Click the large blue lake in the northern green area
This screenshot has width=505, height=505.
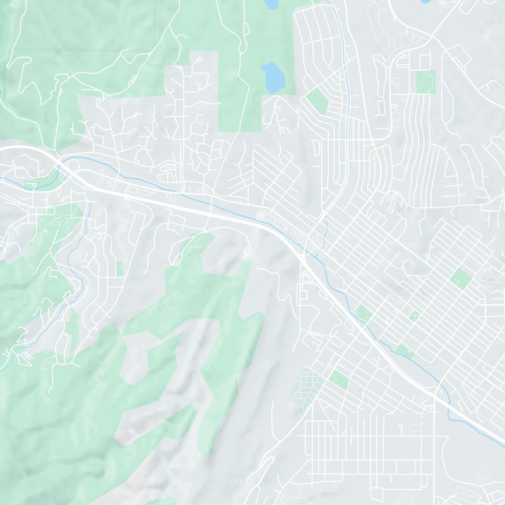coord(273,76)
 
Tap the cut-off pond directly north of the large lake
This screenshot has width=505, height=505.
coord(271,4)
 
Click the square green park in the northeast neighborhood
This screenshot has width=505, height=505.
coord(425,81)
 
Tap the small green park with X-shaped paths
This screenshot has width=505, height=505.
coord(414,315)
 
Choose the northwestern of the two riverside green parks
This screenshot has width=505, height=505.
coord(363,312)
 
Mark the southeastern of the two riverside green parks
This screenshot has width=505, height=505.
coord(405,351)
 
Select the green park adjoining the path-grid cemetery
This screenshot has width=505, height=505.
coord(339,379)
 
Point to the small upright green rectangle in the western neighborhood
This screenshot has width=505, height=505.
coord(119,269)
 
